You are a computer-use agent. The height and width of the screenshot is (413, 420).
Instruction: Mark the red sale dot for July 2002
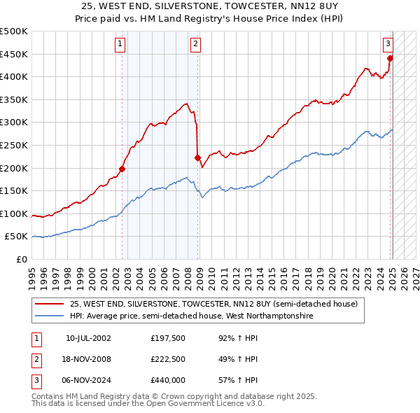point(122,168)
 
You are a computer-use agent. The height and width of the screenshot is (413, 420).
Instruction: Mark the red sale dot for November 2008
point(198,157)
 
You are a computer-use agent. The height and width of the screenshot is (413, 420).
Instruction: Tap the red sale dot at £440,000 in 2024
point(391,58)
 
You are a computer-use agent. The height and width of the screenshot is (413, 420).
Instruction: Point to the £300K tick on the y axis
point(16,122)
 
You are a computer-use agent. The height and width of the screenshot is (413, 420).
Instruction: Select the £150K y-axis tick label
point(16,190)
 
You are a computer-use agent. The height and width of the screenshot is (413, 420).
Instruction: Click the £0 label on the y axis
point(22,259)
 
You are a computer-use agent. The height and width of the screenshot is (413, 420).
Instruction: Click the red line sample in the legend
point(50,304)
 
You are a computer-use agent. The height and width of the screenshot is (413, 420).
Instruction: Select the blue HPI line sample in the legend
point(50,316)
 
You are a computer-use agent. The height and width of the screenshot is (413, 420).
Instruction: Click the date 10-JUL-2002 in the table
point(88,338)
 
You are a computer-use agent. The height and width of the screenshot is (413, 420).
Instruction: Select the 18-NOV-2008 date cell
point(88,359)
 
